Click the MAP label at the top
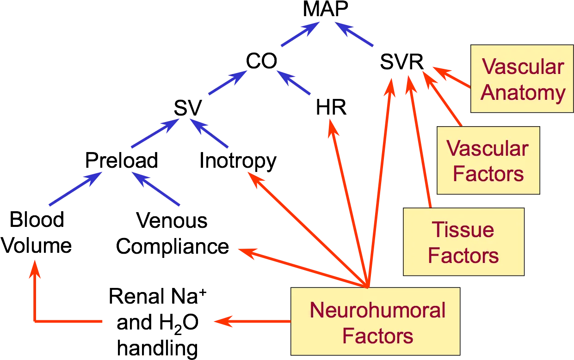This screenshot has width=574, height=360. click(326, 8)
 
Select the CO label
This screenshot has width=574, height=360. click(262, 61)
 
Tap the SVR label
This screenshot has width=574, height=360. click(402, 62)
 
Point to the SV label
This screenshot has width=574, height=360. click(188, 108)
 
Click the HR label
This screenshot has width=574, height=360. click(331, 107)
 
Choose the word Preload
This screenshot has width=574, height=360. click(122, 160)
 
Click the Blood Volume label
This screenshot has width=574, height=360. click(36, 232)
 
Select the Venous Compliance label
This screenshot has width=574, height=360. click(172, 234)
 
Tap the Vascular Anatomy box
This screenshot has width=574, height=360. click(522, 79)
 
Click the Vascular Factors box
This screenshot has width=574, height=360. click(488, 160)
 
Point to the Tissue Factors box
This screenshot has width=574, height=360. click(464, 242)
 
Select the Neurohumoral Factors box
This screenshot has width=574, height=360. click(376, 321)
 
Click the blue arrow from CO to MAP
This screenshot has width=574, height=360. click(300, 34)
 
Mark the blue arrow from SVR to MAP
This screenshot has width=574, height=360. click(354, 34)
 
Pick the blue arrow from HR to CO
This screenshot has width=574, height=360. click(294, 82)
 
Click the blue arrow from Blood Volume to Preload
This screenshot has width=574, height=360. click(75, 189)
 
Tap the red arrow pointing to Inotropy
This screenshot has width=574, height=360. click(308, 230)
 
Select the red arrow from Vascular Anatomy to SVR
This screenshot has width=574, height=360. click(452, 77)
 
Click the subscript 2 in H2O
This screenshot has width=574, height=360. click(178, 330)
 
